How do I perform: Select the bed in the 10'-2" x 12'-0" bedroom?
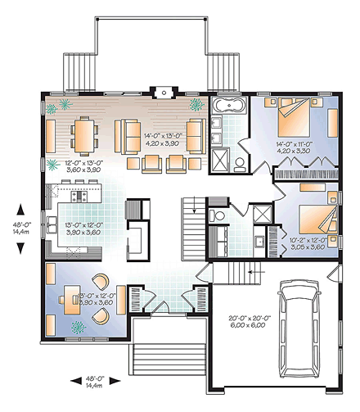click(x=313, y=219)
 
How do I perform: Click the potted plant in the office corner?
click(x=80, y=327)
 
